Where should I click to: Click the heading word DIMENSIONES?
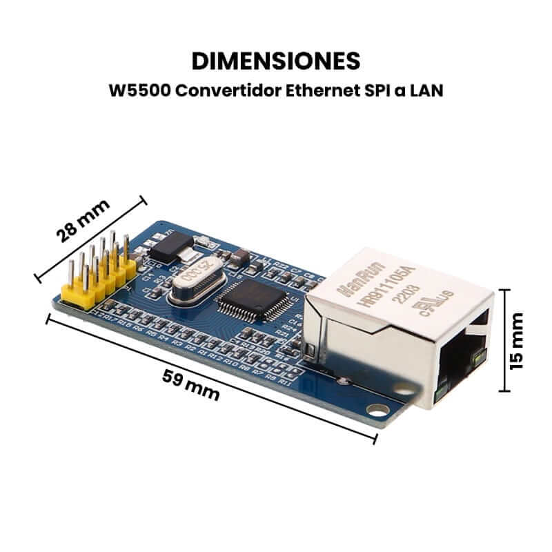click(x=276, y=61)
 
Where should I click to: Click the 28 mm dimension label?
click(x=83, y=220)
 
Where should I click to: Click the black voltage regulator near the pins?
click(x=166, y=246)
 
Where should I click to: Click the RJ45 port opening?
click(x=461, y=359)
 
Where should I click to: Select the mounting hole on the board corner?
click(x=375, y=411)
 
